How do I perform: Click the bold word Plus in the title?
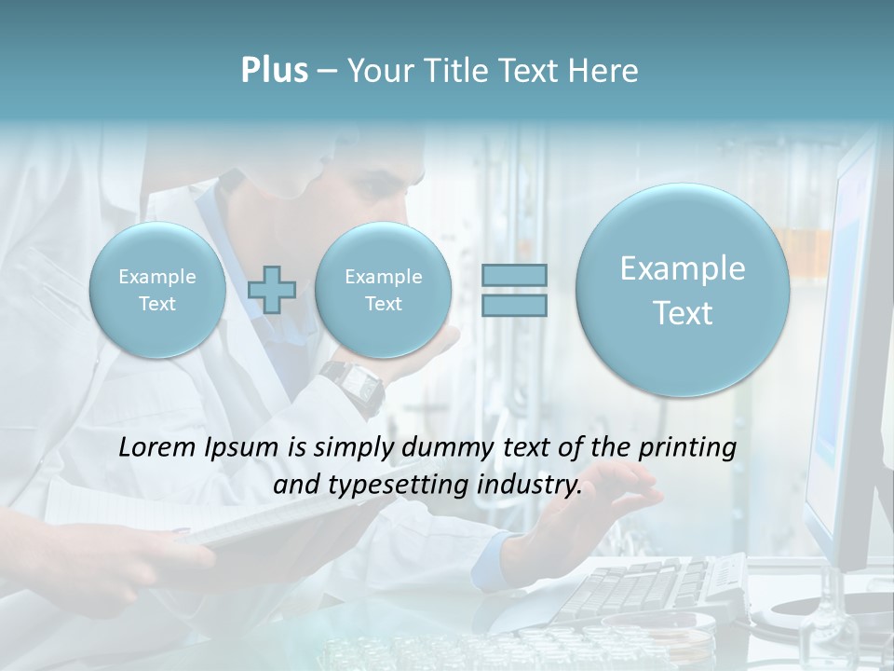click(x=274, y=71)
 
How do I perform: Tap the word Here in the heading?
click(x=604, y=71)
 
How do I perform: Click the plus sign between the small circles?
click(x=272, y=289)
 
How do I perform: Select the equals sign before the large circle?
click(x=513, y=290)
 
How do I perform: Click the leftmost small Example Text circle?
click(x=157, y=290)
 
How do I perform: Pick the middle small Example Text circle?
click(x=383, y=290)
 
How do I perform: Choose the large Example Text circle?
click(x=683, y=290)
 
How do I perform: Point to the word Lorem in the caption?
click(x=157, y=447)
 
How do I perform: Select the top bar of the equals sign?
click(x=513, y=275)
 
